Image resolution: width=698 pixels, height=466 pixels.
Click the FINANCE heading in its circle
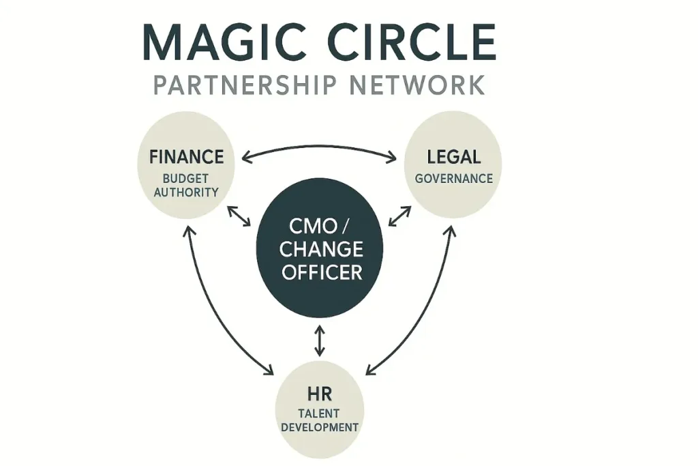pos(186,157)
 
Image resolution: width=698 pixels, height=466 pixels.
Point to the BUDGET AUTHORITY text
pos(186,185)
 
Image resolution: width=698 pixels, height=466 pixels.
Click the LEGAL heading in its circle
pos(453,157)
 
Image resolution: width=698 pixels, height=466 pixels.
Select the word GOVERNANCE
pos(453,178)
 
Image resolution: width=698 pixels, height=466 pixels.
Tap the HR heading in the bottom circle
pos(319,394)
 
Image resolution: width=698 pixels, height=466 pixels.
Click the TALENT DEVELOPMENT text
pos(319,420)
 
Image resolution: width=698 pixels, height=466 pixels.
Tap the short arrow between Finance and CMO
pos(239,216)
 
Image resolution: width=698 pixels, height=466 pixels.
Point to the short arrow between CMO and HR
pos(319,341)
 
